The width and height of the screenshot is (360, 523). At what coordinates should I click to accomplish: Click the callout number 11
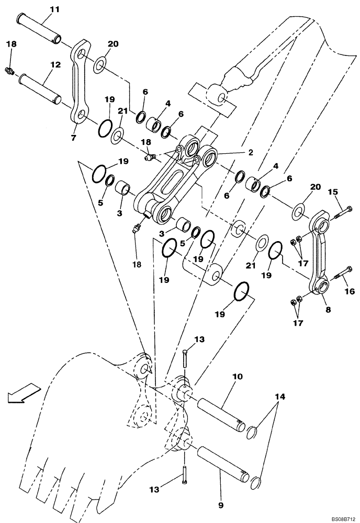pyautogui.click(x=55, y=10)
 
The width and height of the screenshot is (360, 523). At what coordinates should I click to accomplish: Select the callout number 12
pyautogui.click(x=55, y=65)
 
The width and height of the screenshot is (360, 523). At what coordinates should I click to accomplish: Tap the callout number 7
pyautogui.click(x=74, y=138)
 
